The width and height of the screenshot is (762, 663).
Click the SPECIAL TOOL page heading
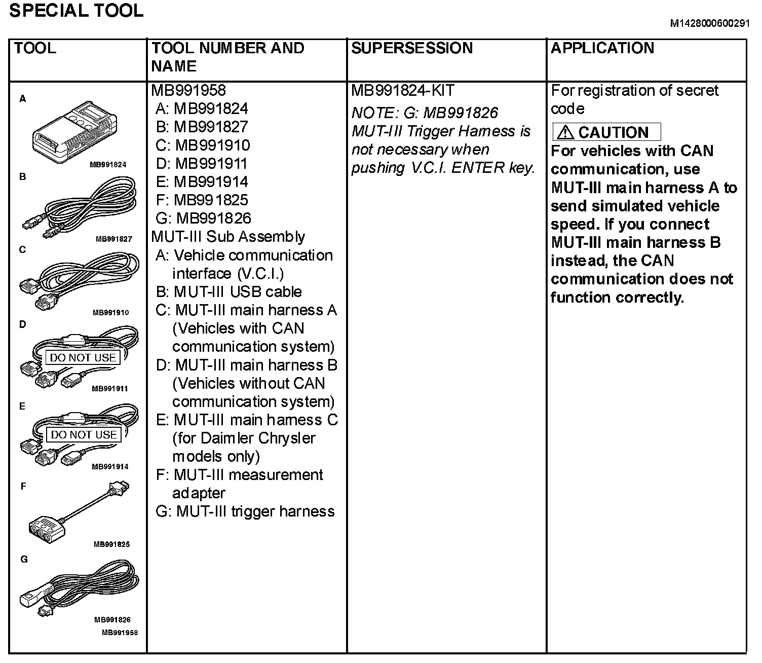tap(76, 11)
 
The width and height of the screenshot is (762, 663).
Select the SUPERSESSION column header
tap(411, 48)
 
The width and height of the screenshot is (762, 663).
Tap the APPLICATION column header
tap(602, 48)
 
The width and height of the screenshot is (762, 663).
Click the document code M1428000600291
tap(709, 24)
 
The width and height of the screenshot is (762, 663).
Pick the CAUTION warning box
tap(606, 132)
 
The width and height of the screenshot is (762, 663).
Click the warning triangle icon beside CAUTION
tap(565, 133)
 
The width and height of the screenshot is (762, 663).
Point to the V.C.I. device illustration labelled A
tap(75, 133)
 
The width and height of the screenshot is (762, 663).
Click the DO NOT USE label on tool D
tap(83, 357)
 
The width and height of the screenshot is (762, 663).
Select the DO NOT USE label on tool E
tap(84, 434)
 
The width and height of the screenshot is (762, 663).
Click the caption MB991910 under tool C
tap(110, 313)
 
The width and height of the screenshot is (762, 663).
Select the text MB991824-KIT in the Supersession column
tap(403, 91)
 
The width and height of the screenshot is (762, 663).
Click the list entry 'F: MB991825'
tap(202, 200)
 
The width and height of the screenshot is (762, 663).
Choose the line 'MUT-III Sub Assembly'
tap(228, 237)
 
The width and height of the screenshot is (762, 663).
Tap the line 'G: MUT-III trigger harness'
tap(245, 511)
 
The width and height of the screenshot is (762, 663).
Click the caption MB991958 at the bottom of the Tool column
tap(120, 633)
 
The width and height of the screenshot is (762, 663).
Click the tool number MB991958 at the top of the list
tap(188, 91)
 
